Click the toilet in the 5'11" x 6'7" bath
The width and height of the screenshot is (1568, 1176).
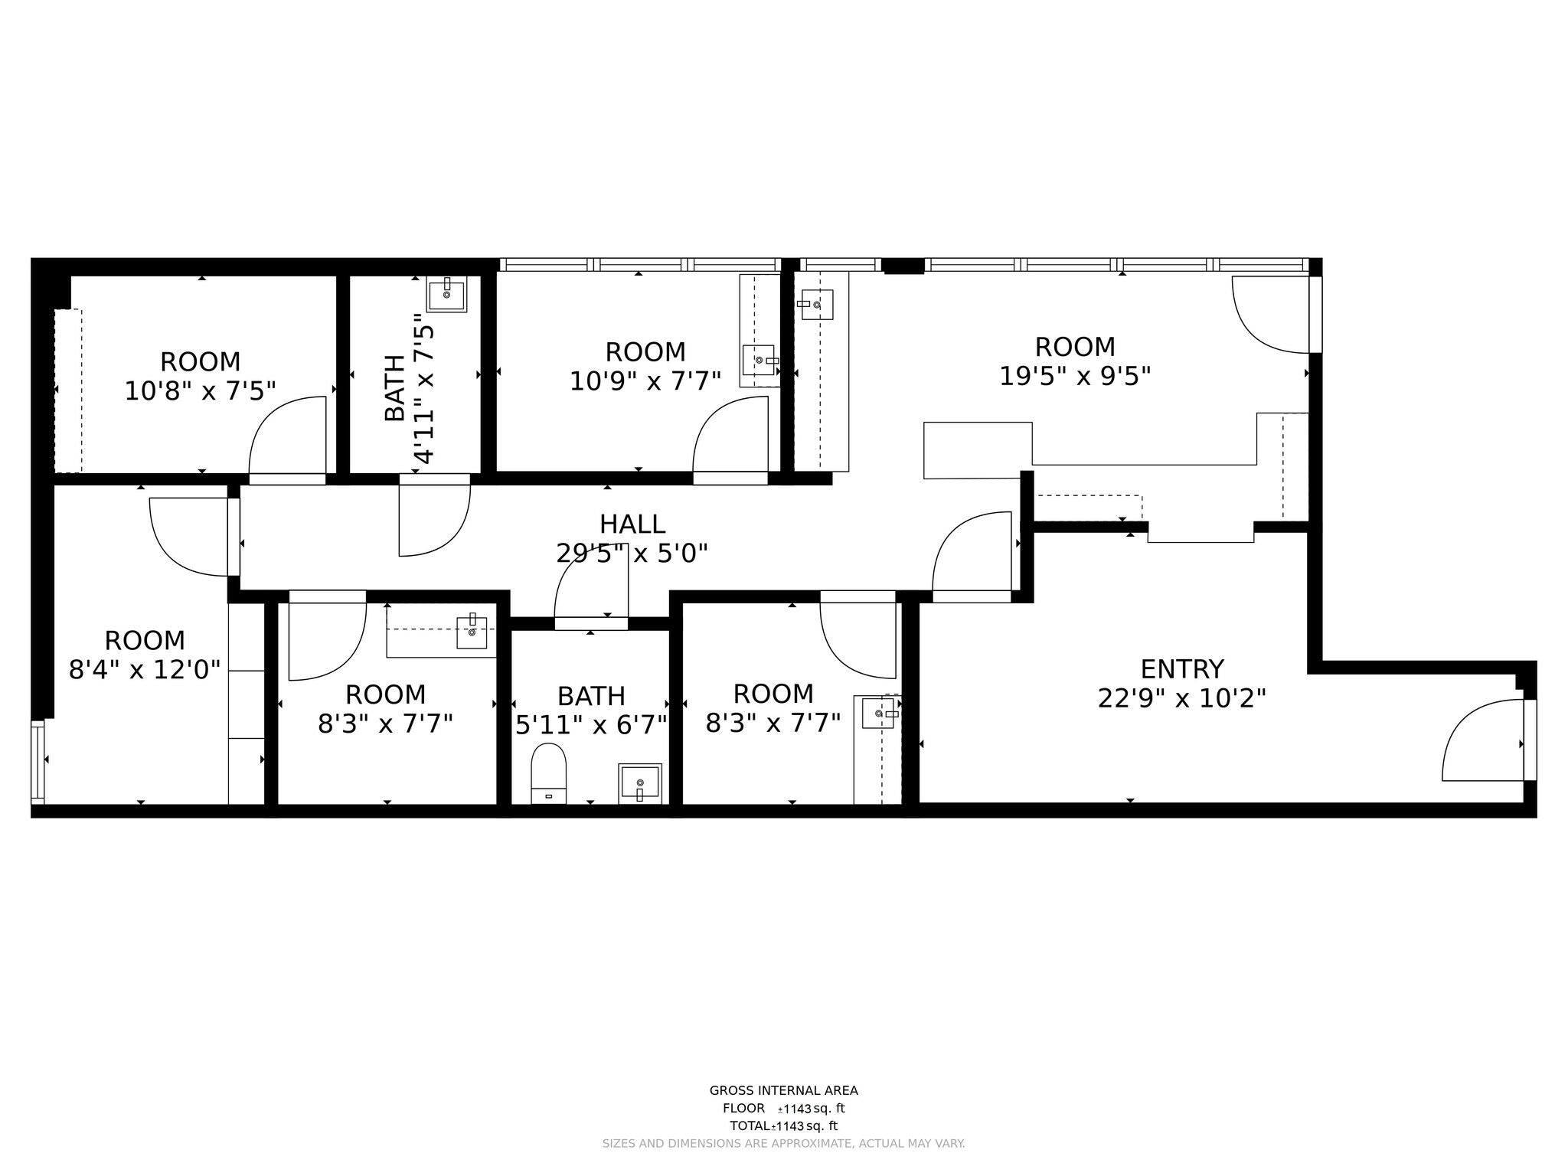[548, 772]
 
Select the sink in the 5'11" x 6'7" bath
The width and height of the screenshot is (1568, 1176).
[639, 783]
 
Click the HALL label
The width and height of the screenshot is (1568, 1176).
[632, 524]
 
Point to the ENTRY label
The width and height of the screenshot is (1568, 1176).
[1181, 669]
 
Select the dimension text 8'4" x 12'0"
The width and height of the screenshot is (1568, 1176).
[145, 670]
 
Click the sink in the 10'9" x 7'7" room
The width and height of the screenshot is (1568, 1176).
[759, 360]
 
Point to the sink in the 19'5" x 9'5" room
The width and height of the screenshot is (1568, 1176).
[817, 305]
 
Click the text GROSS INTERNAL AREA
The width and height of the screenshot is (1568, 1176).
[783, 1090]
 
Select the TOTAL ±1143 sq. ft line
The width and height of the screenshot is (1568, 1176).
[783, 1125]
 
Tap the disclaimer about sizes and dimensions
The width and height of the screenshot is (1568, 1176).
[783, 1143]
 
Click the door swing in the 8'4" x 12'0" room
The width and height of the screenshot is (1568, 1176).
[188, 536]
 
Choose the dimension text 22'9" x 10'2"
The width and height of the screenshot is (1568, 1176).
[1181, 698]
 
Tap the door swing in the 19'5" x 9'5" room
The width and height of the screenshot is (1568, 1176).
[1270, 315]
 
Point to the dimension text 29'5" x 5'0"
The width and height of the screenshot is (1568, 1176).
[632, 553]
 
